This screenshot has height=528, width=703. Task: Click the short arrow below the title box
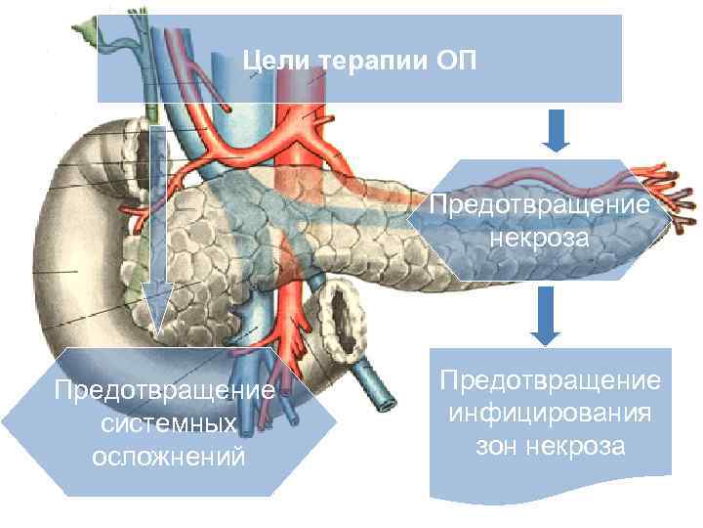[556, 131]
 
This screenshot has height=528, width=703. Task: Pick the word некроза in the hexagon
[540, 239]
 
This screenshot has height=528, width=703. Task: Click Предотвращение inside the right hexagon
[540, 206]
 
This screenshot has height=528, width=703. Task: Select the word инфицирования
[550, 412]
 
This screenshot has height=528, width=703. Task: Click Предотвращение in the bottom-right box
[550, 378]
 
